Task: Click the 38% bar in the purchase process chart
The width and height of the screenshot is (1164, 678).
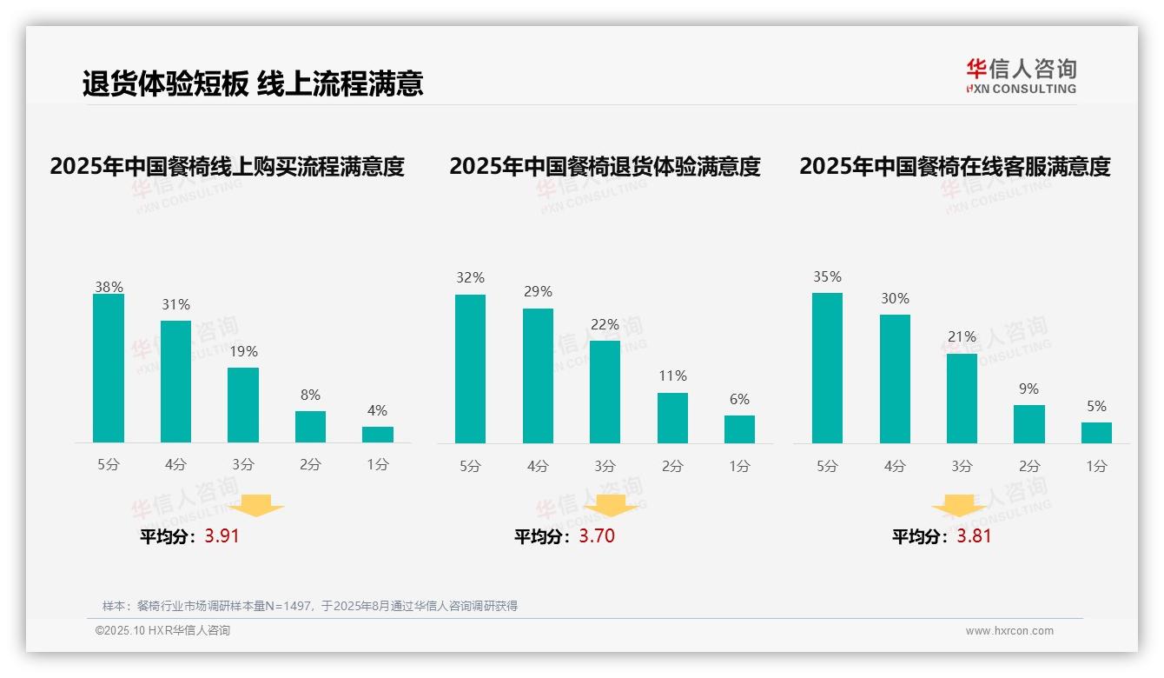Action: (x=109, y=369)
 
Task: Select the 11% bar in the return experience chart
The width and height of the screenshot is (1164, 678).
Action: (x=672, y=418)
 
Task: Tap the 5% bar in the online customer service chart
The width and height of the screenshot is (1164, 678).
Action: (x=1096, y=433)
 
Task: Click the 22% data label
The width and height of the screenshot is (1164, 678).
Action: (x=605, y=325)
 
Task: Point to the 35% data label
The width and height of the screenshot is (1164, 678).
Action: (x=827, y=277)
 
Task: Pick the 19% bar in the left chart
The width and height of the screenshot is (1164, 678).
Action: (x=243, y=405)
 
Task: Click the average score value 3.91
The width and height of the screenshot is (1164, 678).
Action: (x=222, y=536)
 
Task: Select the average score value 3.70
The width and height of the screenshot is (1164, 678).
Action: (x=597, y=536)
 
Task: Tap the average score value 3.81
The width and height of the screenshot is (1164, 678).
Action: (x=974, y=536)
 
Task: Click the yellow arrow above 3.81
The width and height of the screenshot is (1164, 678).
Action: (x=958, y=506)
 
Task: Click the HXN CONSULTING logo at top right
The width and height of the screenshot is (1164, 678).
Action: (x=1021, y=76)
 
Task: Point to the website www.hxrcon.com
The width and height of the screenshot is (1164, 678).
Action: (x=1009, y=631)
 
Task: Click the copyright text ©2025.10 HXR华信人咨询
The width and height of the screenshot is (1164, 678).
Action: (x=162, y=631)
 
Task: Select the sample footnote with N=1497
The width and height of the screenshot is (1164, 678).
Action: (x=310, y=606)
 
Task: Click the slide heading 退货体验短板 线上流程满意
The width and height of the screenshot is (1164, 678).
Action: (x=253, y=84)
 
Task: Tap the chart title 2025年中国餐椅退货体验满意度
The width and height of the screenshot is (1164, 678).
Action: (x=605, y=167)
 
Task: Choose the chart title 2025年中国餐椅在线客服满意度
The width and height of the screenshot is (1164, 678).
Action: (x=955, y=167)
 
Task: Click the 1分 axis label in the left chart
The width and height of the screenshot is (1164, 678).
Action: (x=378, y=465)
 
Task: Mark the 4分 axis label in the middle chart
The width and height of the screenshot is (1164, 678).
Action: (x=538, y=467)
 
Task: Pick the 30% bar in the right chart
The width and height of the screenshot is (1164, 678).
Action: (x=895, y=379)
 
